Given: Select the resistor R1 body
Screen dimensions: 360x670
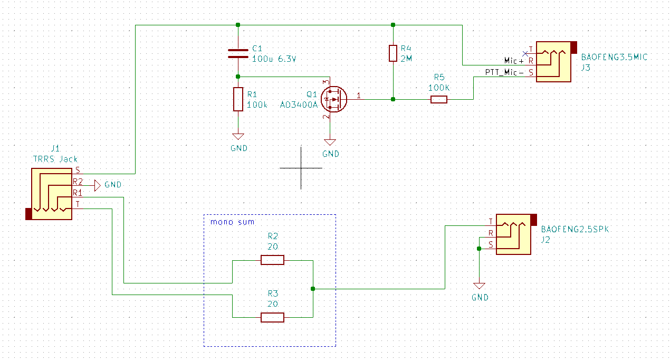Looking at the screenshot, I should (x=238, y=99).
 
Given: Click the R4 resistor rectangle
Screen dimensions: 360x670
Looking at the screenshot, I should (x=393, y=53).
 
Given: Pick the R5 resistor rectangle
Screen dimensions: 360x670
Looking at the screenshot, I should (x=438, y=99).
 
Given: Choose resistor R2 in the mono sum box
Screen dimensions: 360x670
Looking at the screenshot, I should (x=272, y=260).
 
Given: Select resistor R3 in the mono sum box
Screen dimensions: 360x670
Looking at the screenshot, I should (x=272, y=317).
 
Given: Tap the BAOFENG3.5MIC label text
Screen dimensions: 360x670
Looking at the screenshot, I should (x=614, y=57).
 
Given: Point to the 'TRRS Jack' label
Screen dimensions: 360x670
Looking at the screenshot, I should (x=55, y=159).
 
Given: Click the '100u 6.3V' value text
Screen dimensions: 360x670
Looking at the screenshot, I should (x=274, y=59).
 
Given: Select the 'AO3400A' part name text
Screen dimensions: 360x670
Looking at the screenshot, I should (x=299, y=105).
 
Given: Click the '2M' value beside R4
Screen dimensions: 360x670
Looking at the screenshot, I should (x=406, y=59).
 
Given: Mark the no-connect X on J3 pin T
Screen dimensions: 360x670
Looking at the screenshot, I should (x=525, y=53).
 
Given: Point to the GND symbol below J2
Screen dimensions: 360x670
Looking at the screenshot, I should (x=479, y=287).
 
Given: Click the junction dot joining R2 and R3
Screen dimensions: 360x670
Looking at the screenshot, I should (x=313, y=289).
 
